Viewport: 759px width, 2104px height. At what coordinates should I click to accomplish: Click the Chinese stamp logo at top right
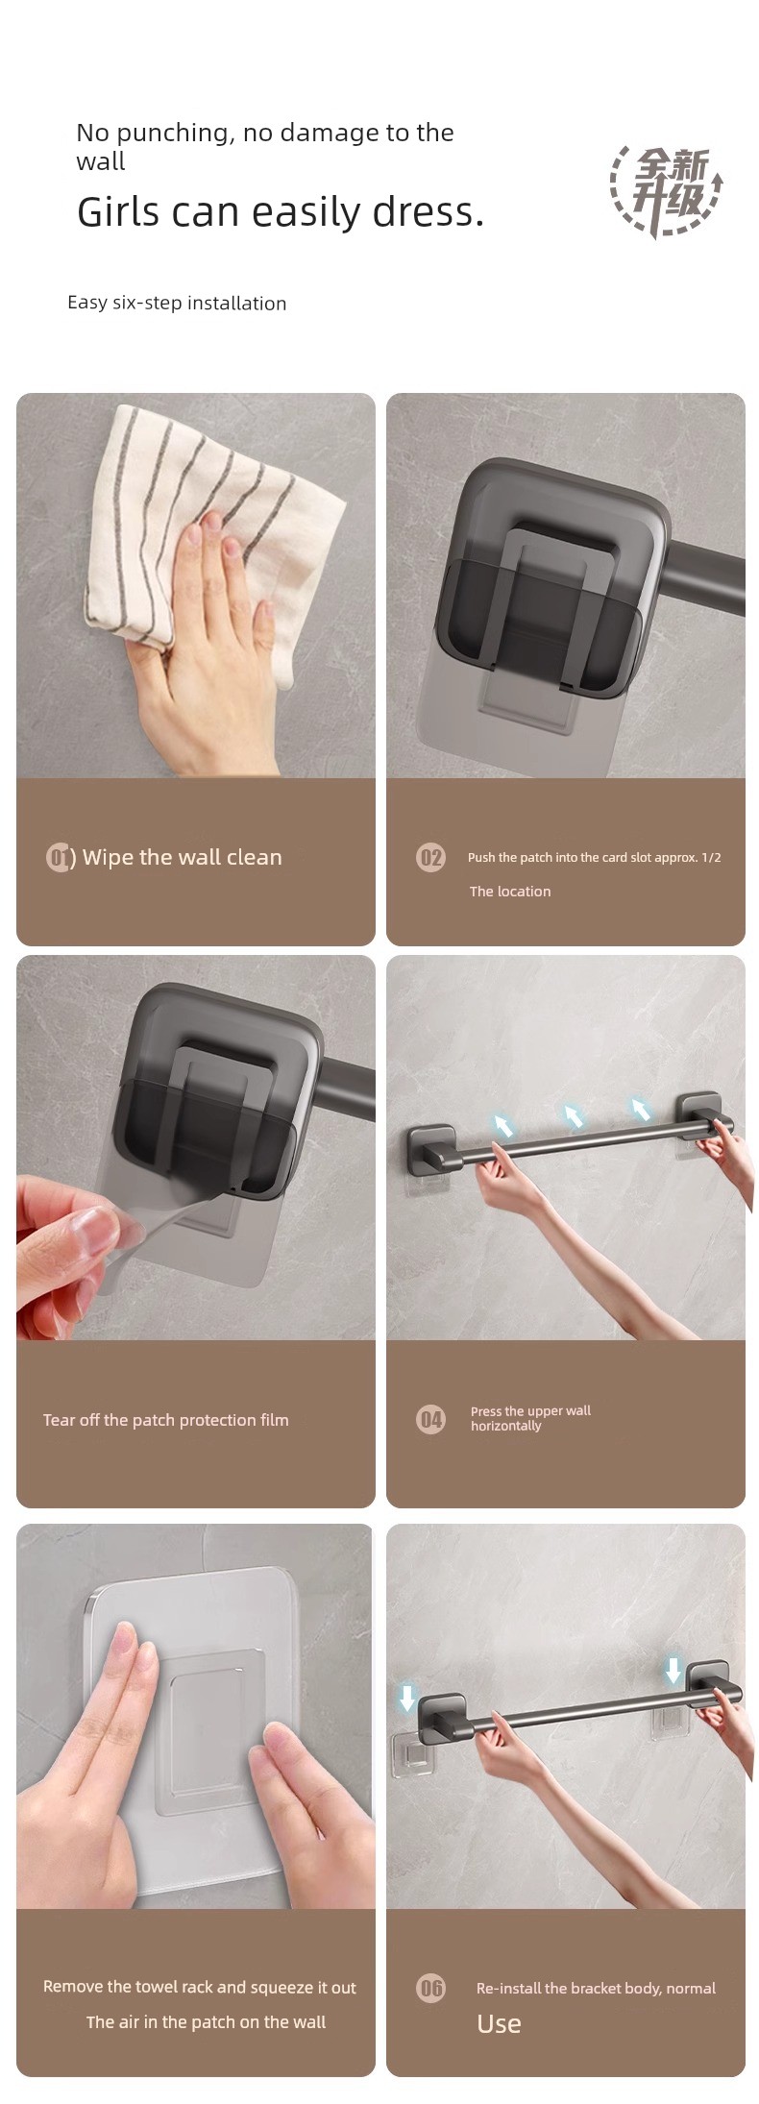pos(666,191)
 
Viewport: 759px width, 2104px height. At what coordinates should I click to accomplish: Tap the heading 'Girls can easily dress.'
pos(281,212)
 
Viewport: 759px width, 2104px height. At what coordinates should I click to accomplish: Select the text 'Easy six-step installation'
pos(177,303)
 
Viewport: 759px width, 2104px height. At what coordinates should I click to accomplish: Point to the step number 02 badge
pos(431,857)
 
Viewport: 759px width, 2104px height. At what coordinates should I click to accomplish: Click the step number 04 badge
pos(431,1418)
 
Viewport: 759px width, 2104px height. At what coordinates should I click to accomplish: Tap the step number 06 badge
pos(431,1988)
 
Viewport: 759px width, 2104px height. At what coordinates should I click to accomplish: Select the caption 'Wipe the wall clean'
pos(183,857)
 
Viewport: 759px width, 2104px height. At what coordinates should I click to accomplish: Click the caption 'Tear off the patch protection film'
pos(165,1420)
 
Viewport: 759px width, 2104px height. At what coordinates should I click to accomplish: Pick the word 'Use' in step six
pos(499,2023)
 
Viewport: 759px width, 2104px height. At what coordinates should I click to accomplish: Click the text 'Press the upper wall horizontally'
pos(530,1418)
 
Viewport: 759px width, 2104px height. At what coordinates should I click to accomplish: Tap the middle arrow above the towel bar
pos(573,1116)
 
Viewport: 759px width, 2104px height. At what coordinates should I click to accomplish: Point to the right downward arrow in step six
pos(673,1671)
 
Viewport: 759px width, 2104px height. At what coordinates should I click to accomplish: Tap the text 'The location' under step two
pos(510,892)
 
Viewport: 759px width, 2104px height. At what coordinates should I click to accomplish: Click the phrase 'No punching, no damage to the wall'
pos(265,146)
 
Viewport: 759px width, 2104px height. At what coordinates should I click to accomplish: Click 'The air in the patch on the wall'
pos(206,2022)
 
